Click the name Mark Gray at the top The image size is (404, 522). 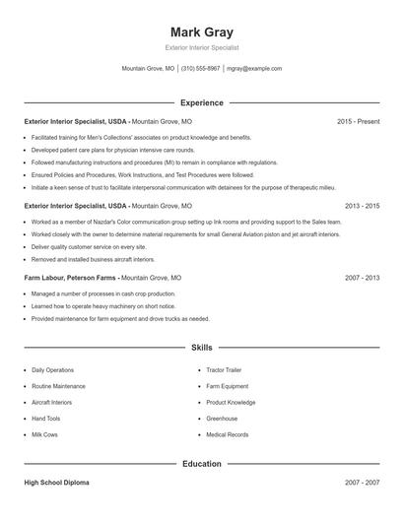coord(201,32)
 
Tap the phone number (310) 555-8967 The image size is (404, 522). coord(201,69)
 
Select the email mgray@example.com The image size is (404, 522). coord(254,69)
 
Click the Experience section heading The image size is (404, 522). coord(201,102)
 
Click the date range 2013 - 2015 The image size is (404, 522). coord(362,206)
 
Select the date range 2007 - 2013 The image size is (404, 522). coord(362,279)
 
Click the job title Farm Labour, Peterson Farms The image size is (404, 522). coord(73,279)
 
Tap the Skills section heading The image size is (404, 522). coord(201,348)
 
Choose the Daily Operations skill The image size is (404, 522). coord(52,370)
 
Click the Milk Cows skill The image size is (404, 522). coord(45,434)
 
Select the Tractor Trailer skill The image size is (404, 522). coord(224,370)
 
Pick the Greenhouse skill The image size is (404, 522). coord(222,419)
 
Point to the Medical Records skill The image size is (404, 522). coord(227,434)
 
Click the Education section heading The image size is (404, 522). coord(201,463)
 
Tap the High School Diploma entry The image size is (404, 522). coord(56,483)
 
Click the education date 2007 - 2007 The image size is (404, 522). coord(362,483)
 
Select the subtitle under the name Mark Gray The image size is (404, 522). coord(201,47)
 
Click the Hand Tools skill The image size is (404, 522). coord(47,419)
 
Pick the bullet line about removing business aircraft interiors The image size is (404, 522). coord(93,259)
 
